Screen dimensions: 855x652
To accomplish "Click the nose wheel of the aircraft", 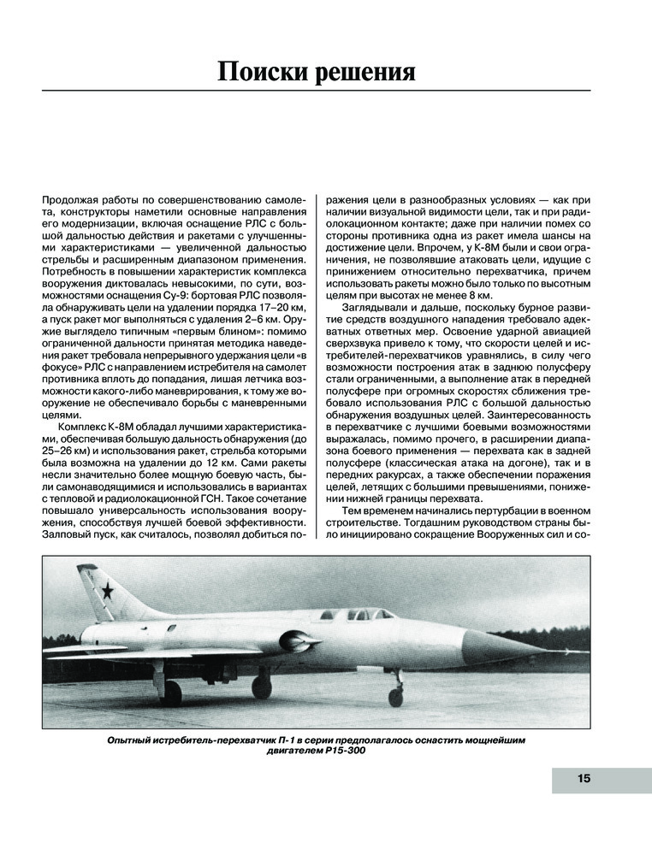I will click(395, 696).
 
